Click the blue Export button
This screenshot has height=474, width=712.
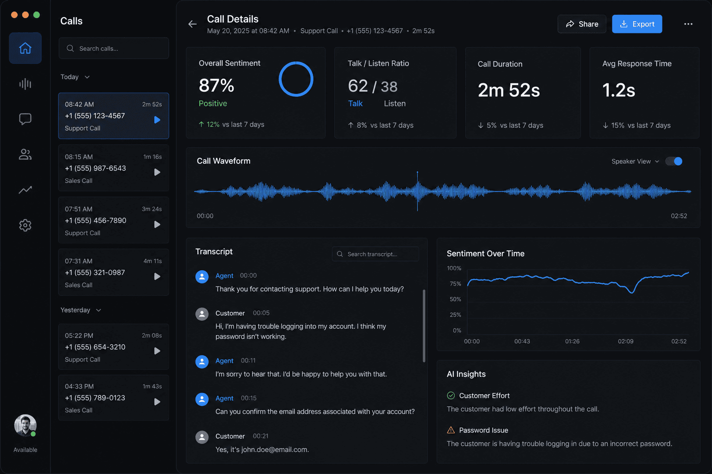636,24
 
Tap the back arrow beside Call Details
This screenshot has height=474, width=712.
192,24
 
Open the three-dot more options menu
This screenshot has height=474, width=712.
688,24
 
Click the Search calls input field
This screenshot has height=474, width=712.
114,48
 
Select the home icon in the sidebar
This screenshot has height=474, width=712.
25,48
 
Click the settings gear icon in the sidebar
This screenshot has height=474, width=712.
25,225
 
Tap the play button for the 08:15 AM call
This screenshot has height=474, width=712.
157,172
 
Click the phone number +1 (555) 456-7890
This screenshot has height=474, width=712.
95,220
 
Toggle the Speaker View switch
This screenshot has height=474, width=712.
674,161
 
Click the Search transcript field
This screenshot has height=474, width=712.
375,254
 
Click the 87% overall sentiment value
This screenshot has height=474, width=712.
216,85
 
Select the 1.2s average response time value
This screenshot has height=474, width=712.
618,90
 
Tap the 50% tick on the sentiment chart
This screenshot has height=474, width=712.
455,299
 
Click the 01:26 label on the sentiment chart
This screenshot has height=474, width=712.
572,341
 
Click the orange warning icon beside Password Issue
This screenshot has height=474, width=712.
451,430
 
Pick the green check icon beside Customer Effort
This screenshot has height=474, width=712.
451,395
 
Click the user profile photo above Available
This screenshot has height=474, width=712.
25,425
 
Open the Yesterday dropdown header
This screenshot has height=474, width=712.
80,310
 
